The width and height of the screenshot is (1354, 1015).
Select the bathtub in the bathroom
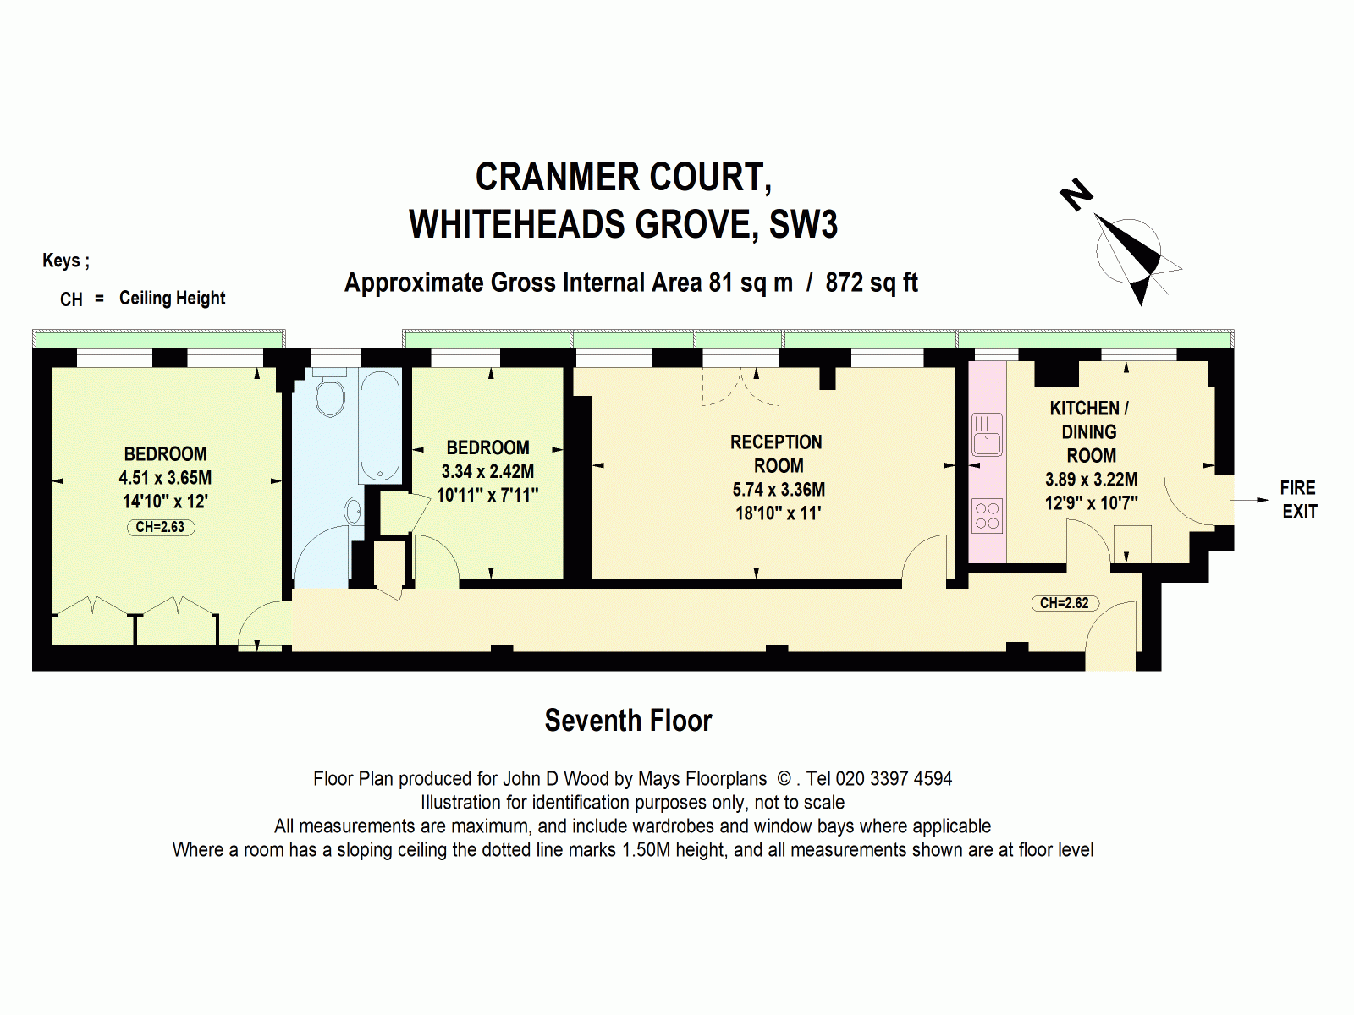tap(380, 425)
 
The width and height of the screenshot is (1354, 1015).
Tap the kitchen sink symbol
tap(987, 435)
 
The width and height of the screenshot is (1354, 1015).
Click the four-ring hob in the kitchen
tap(987, 516)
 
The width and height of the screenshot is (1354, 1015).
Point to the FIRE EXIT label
tap(1298, 500)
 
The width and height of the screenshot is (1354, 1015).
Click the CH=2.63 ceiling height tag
tap(161, 527)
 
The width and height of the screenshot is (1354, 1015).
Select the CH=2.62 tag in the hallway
tap(1065, 603)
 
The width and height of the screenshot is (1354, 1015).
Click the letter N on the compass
tap(1076, 195)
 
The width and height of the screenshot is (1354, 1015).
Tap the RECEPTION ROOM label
tap(777, 454)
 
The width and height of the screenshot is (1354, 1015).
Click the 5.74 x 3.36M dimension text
tap(779, 490)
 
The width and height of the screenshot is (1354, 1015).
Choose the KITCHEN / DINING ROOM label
tap(1090, 431)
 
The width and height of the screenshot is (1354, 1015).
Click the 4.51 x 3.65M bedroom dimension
tap(166, 478)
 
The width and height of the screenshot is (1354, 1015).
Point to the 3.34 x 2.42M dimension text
tap(487, 471)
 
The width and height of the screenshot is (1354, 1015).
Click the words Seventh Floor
tap(628, 721)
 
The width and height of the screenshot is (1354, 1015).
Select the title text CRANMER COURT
tap(624, 177)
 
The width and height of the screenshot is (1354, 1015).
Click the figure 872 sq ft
tap(871, 283)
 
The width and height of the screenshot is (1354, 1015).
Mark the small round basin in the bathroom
tap(353, 511)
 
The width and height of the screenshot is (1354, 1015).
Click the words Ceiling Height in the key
tap(172, 298)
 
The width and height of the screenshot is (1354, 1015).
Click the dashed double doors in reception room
tap(740, 387)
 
